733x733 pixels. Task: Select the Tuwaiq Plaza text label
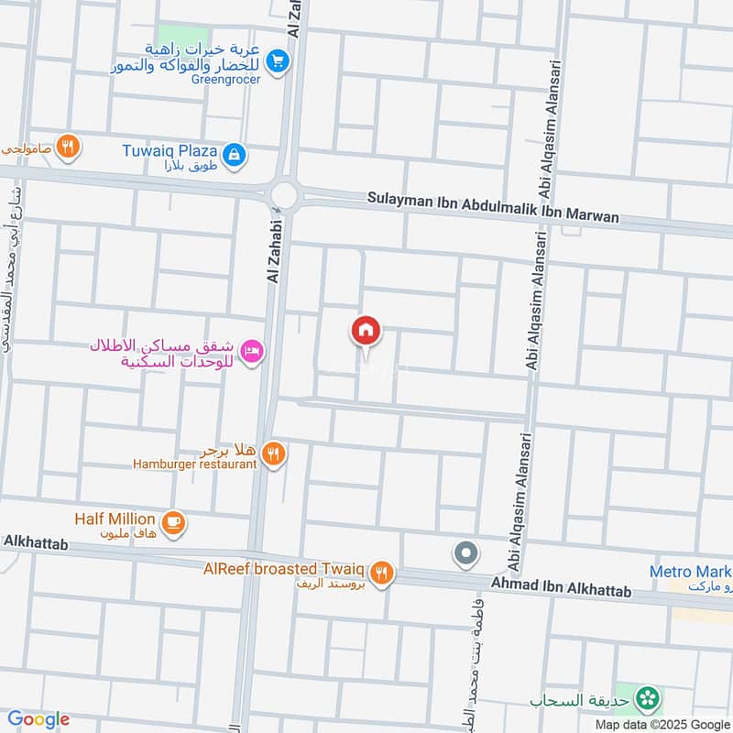point(170,149)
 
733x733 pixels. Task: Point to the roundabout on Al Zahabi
point(285,194)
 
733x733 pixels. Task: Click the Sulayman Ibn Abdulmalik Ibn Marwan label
point(493,207)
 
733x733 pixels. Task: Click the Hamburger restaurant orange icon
point(273,453)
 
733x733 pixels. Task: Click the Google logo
point(38,719)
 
